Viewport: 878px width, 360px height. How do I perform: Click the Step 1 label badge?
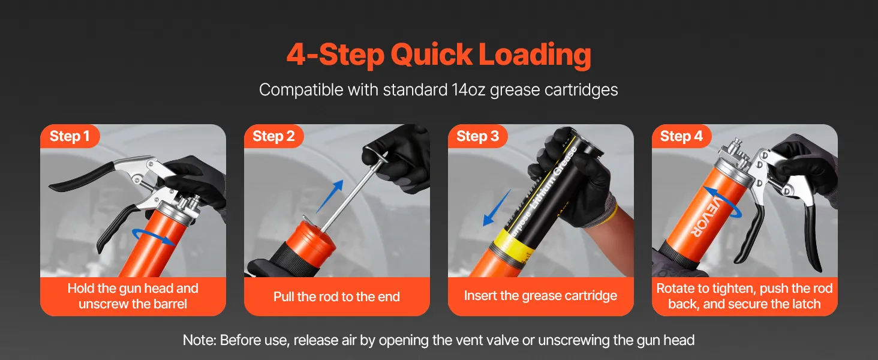pyautogui.click(x=70, y=136)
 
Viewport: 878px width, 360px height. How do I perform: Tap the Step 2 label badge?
pyautogui.click(x=273, y=136)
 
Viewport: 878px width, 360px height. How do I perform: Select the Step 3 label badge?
pyautogui.click(x=477, y=136)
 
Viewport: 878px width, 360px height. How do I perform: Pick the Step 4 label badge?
pyautogui.click(x=681, y=136)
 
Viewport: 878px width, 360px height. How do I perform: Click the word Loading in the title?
pyautogui.click(x=534, y=55)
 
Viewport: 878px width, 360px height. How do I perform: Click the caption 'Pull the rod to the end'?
pyautogui.click(x=336, y=296)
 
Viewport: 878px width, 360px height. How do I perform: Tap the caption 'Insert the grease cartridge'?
pyautogui.click(x=540, y=296)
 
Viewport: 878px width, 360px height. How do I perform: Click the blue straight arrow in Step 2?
pyautogui.click(x=330, y=196)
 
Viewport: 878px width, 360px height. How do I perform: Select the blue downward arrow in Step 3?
pyautogui.click(x=497, y=208)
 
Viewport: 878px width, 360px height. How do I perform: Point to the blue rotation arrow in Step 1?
pyautogui.click(x=154, y=236)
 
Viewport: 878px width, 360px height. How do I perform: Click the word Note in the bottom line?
pyautogui.click(x=199, y=340)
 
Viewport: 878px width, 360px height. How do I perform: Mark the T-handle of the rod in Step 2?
pyautogui.click(x=378, y=156)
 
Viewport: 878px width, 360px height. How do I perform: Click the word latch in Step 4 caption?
pyautogui.click(x=805, y=304)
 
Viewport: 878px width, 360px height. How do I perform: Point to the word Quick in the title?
pyautogui.click(x=431, y=56)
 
